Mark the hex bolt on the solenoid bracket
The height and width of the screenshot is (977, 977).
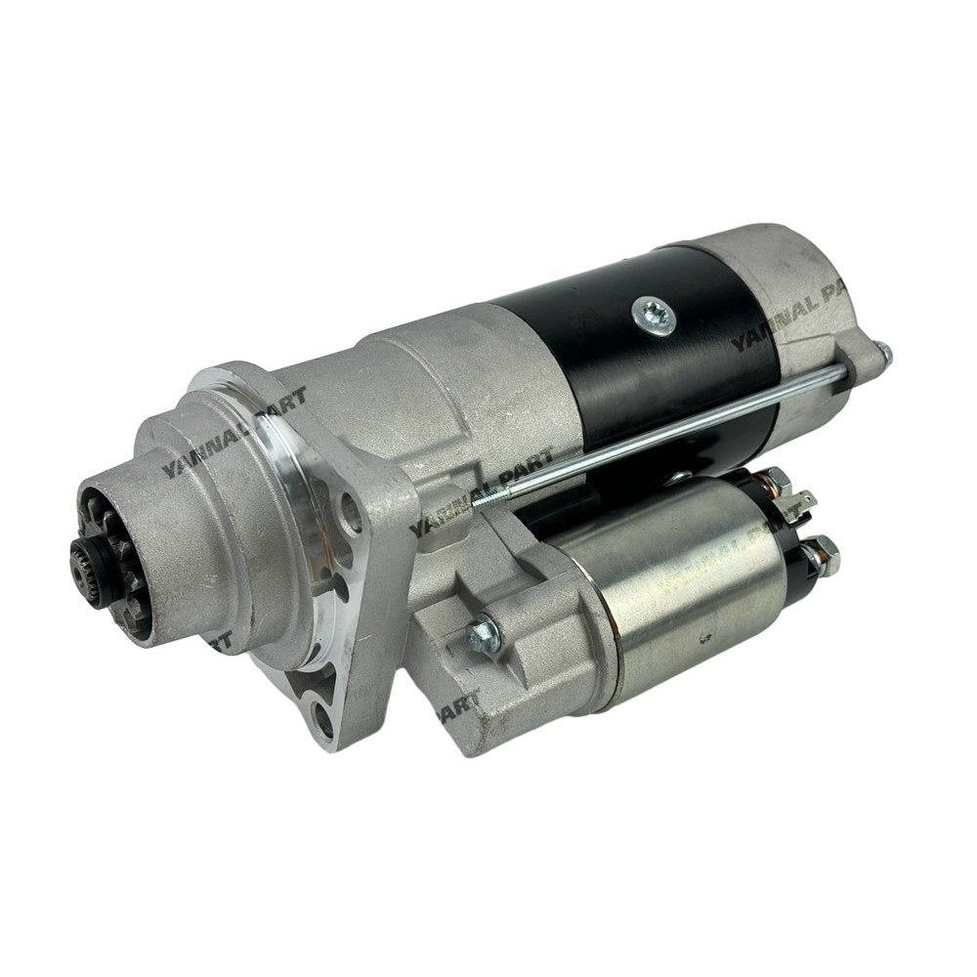tap(482, 634)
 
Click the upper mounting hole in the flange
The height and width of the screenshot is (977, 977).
tap(348, 506)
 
